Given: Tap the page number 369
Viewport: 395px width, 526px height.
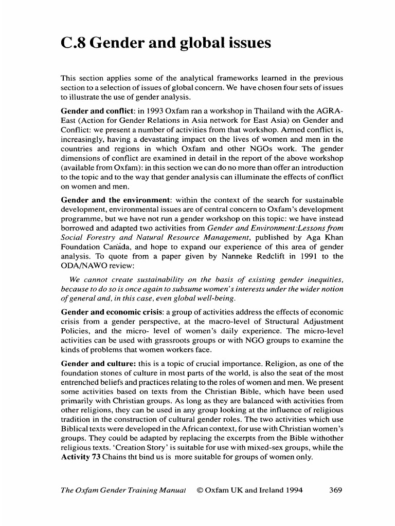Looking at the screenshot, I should tap(335, 490).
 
